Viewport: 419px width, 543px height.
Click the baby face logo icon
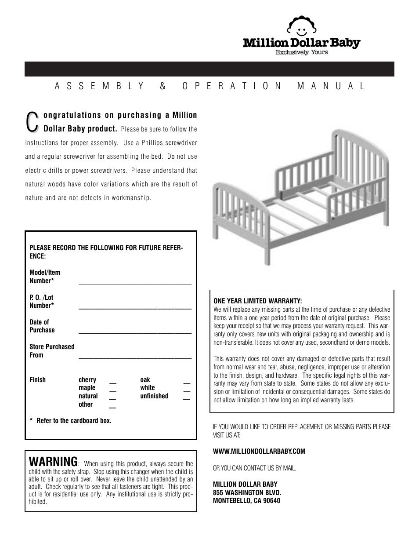coord(301,28)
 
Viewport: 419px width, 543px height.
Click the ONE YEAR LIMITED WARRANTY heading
coord(257,301)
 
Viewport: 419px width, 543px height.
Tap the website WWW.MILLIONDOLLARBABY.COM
coord(259,451)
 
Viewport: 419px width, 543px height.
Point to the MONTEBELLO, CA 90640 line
coord(246,500)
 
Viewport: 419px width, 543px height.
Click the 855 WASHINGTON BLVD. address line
coord(247,492)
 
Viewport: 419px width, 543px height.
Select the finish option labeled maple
coord(87,388)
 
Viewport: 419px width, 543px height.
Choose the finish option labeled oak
coord(145,380)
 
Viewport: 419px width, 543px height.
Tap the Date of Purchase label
coord(42,326)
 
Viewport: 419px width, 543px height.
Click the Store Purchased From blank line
coord(135,358)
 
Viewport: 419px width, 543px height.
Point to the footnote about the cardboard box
coord(71,421)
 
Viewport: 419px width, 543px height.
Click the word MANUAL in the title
coord(331,86)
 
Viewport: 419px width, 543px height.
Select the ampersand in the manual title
coord(163,86)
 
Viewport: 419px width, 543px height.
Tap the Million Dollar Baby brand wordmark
coord(301,43)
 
